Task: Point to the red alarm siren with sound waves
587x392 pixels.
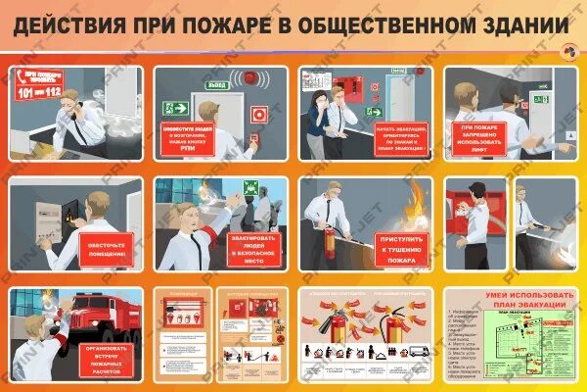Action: click(251, 76)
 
